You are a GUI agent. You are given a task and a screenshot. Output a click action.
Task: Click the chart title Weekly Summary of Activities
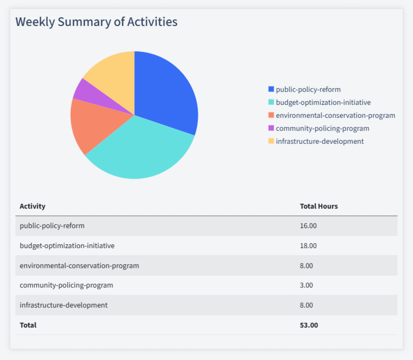96,22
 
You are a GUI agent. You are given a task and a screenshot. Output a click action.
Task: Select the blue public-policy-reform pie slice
168,89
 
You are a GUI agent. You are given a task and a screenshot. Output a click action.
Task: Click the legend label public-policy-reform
308,89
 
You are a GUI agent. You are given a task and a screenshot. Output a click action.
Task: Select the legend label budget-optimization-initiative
323,102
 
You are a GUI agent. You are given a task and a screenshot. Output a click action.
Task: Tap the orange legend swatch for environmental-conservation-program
271,115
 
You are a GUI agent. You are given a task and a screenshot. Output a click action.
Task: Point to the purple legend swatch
271,128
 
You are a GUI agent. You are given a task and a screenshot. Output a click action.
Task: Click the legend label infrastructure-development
319,141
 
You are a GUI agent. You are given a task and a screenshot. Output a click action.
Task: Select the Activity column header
32,206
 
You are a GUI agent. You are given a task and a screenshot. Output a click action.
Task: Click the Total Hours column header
319,206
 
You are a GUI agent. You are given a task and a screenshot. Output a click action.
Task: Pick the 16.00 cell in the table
308,225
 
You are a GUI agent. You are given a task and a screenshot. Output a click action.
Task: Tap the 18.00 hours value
308,245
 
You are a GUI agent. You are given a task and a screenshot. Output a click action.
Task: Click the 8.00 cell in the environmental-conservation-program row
307,265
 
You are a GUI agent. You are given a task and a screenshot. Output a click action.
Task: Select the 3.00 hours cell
307,285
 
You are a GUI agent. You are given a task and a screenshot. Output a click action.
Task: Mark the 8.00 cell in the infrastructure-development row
307,305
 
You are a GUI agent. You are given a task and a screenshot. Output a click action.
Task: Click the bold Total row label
28,325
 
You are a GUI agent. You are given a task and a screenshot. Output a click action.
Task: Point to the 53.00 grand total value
309,325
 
